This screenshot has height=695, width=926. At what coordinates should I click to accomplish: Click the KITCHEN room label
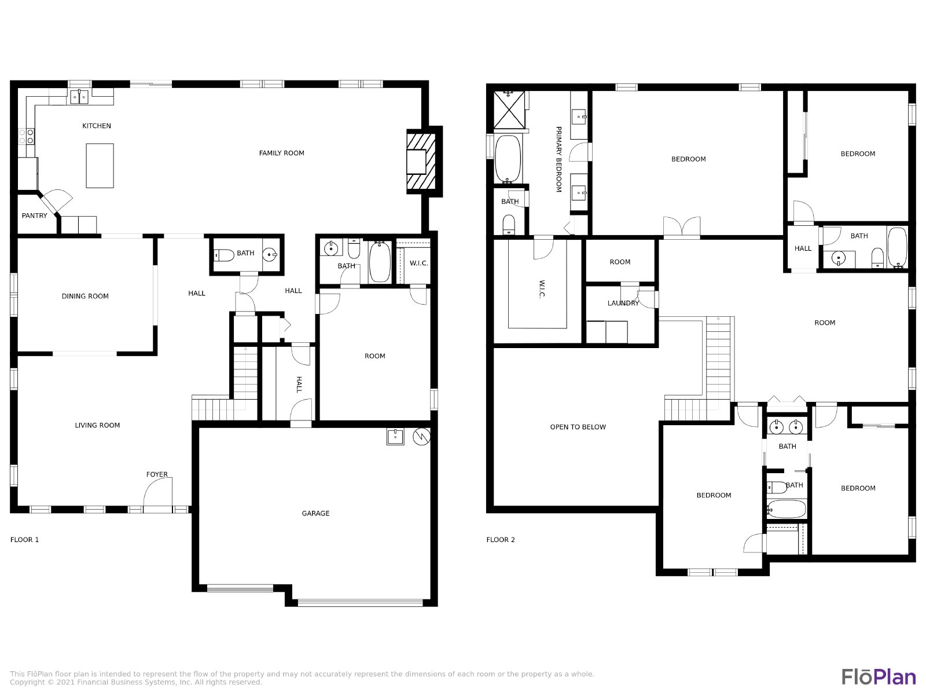pyautogui.click(x=97, y=126)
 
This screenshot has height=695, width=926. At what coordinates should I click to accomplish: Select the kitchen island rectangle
pyautogui.click(x=100, y=166)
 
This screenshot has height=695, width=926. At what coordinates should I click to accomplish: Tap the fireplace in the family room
pyautogui.click(x=421, y=161)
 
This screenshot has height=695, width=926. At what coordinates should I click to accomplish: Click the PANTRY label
pyautogui.click(x=35, y=215)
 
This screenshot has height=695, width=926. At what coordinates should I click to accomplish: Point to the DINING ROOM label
pyautogui.click(x=85, y=296)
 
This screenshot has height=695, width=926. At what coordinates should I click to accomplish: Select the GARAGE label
pyautogui.click(x=315, y=513)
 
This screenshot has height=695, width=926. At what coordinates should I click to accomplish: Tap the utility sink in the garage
pyautogui.click(x=395, y=437)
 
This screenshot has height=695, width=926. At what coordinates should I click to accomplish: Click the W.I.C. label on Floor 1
pyautogui.click(x=419, y=263)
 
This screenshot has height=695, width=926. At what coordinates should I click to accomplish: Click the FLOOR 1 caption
pyautogui.click(x=24, y=539)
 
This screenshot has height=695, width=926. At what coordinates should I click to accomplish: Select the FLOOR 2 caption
pyautogui.click(x=501, y=539)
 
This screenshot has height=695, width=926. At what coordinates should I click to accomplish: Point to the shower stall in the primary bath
pyautogui.click(x=509, y=109)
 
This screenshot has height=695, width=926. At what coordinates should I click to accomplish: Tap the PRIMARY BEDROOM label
pyautogui.click(x=558, y=159)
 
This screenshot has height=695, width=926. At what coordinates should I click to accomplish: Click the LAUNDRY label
pyautogui.click(x=623, y=303)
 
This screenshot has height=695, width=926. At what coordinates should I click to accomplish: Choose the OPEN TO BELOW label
pyautogui.click(x=578, y=427)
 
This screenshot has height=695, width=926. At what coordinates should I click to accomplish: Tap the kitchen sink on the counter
pyautogui.click(x=79, y=97)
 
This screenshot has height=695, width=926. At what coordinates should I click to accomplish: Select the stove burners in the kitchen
pyautogui.click(x=26, y=136)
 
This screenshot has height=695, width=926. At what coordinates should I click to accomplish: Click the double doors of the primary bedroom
pyautogui.click(x=682, y=227)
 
